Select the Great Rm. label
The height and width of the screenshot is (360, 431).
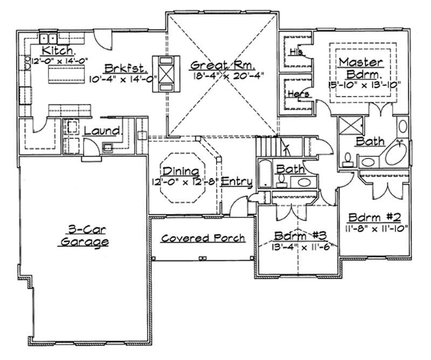point(219,65)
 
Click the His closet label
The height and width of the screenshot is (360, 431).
point(296,53)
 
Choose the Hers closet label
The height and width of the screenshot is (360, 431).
point(300,94)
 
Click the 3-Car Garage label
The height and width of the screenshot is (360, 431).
point(84,236)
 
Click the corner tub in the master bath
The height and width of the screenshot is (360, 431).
point(397,154)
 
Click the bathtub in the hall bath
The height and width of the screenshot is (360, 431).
point(264,173)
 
